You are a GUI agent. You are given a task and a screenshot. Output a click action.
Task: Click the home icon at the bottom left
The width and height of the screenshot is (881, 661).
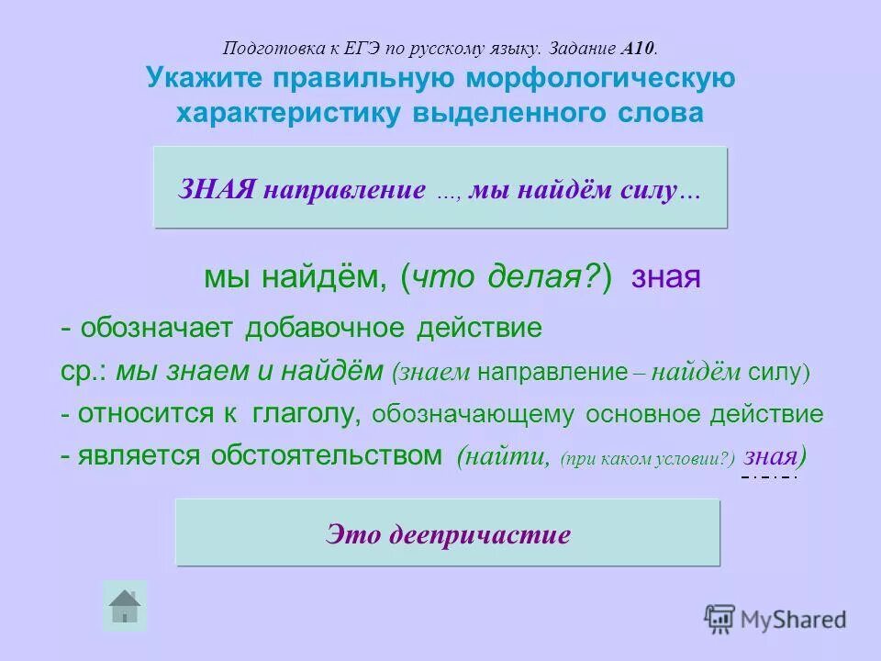pos(124,607)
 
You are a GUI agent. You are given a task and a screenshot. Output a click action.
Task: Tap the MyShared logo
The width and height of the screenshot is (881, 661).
pos(775,619)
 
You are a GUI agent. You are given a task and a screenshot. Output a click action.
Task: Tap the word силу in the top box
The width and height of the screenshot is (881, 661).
pos(654,190)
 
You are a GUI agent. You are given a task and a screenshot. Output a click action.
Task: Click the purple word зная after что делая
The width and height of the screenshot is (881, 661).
pos(666,277)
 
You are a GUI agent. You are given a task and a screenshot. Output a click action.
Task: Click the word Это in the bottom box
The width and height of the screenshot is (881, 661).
pos(353,534)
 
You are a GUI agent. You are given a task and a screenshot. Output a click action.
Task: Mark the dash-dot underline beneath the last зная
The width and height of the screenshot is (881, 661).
pos(769,477)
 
